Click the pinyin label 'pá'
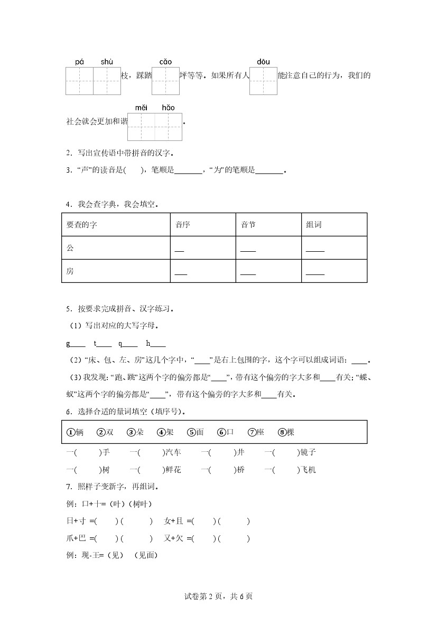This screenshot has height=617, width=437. click(x=79, y=62)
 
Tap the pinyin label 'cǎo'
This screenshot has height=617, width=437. click(x=165, y=62)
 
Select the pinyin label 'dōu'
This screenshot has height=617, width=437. click(x=263, y=62)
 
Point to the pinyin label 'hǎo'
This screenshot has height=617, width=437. click(x=168, y=108)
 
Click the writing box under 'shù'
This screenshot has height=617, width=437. click(x=107, y=81)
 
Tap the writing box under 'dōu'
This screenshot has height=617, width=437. click(x=263, y=81)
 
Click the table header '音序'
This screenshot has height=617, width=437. click(x=183, y=225)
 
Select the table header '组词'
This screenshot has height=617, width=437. click(x=313, y=225)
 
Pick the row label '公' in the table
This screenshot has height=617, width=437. click(x=70, y=248)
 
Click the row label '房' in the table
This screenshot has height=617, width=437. click(x=70, y=271)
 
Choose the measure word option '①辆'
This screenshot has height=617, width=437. click(x=75, y=432)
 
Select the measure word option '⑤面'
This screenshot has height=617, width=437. click(x=196, y=432)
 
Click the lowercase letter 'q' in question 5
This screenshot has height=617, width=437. click(x=120, y=344)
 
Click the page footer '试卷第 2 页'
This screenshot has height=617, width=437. click(x=204, y=596)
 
